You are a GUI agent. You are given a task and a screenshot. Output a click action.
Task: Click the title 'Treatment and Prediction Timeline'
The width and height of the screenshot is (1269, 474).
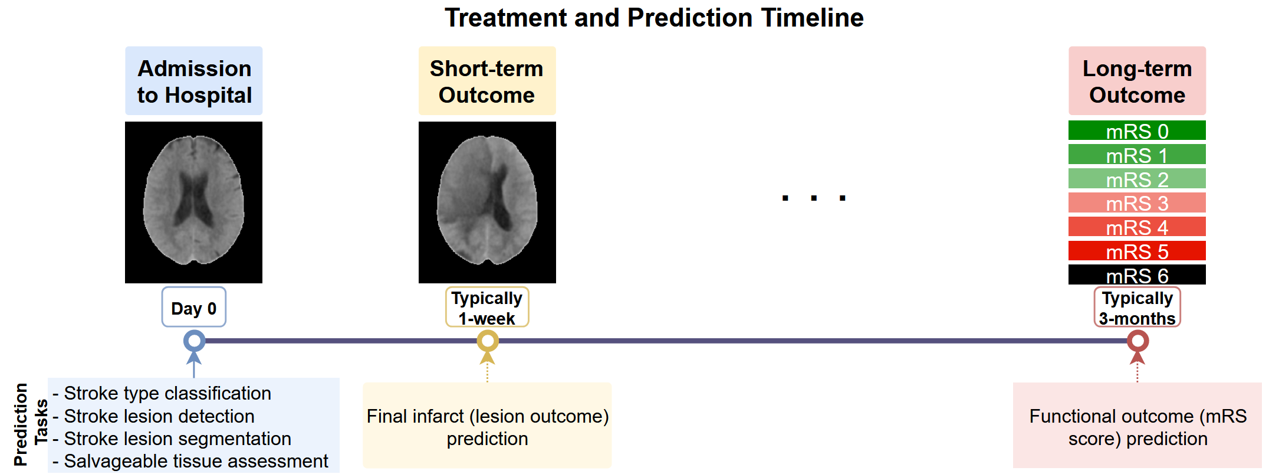(x=654, y=18)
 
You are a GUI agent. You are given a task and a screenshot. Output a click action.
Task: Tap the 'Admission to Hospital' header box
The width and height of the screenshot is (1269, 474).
(x=194, y=81)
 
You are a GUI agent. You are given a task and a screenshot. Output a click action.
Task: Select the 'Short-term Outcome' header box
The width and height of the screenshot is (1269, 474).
(x=487, y=81)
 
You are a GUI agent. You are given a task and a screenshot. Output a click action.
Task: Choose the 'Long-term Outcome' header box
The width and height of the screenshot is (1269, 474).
(x=1137, y=81)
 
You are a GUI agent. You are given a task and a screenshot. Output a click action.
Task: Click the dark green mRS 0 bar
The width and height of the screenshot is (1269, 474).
(x=1137, y=130)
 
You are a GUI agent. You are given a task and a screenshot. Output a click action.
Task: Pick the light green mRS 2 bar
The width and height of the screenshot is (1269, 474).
(x=1137, y=179)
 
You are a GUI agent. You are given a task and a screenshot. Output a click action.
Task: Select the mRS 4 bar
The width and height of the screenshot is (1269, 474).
(x=1137, y=227)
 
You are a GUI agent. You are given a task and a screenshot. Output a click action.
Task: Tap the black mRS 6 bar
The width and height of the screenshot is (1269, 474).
(x=1137, y=275)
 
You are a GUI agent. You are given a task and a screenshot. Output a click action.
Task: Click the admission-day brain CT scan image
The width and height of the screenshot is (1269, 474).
(x=193, y=202)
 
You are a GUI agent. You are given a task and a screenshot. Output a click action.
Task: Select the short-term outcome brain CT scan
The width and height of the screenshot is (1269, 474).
(x=487, y=202)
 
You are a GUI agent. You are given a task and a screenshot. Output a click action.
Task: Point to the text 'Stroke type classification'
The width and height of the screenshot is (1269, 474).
(x=167, y=393)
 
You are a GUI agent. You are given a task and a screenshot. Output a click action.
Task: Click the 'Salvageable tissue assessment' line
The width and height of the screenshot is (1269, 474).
(x=196, y=461)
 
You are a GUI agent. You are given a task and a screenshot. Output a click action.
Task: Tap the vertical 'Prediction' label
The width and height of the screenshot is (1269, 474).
(x=20, y=424)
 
